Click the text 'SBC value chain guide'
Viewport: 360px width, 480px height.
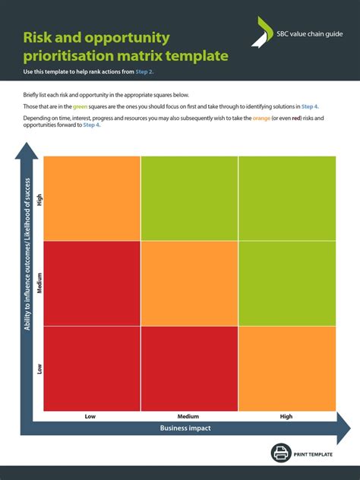[x=307, y=33]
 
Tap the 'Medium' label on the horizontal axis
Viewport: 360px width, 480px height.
[x=188, y=416]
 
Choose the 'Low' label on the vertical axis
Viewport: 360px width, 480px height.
[x=39, y=369]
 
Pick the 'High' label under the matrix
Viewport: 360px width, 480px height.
[x=286, y=416]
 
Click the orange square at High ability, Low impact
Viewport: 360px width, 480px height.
[x=92, y=198]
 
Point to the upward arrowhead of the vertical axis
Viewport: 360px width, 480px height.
[x=28, y=152]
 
